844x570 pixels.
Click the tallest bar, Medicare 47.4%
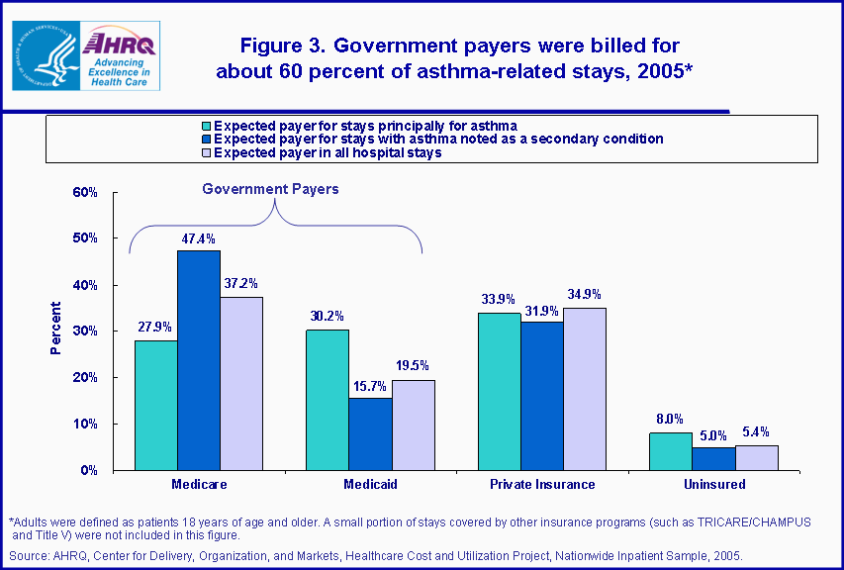(199, 360)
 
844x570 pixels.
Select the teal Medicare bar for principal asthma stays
(155, 406)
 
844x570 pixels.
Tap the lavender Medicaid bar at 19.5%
(414, 426)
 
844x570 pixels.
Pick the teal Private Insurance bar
(499, 392)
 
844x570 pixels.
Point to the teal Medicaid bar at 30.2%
(327, 400)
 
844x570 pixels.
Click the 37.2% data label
(241, 283)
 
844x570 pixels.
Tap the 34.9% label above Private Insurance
(585, 294)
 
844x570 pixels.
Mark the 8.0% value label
(670, 419)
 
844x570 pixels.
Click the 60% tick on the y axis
(85, 192)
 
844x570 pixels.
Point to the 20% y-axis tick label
(85, 378)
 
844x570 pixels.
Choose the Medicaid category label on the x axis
(370, 485)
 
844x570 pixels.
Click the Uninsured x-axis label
(713, 485)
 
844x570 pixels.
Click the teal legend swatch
(206, 126)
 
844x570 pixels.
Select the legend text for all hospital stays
(328, 152)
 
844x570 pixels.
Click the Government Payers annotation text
(270, 189)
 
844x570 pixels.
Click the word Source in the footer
(28, 556)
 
